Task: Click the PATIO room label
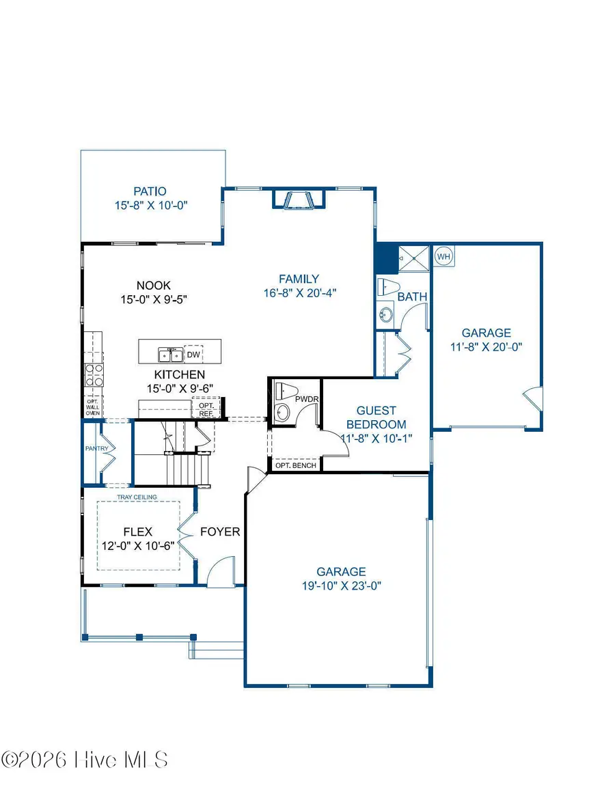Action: click(x=150, y=192)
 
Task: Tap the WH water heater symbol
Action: click(x=444, y=256)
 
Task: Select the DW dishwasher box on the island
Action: click(x=193, y=355)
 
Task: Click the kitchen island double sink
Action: click(x=170, y=355)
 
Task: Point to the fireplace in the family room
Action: click(x=299, y=199)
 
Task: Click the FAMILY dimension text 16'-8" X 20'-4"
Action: click(x=299, y=292)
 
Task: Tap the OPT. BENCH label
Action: click(x=296, y=466)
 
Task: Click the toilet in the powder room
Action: click(x=283, y=392)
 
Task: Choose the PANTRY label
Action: click(x=94, y=449)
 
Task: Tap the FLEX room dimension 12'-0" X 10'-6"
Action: click(x=139, y=545)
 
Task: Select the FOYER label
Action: click(x=220, y=532)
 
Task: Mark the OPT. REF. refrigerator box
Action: click(x=206, y=409)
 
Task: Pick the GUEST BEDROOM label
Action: click(x=376, y=417)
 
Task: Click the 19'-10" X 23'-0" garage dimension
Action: click(x=341, y=586)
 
